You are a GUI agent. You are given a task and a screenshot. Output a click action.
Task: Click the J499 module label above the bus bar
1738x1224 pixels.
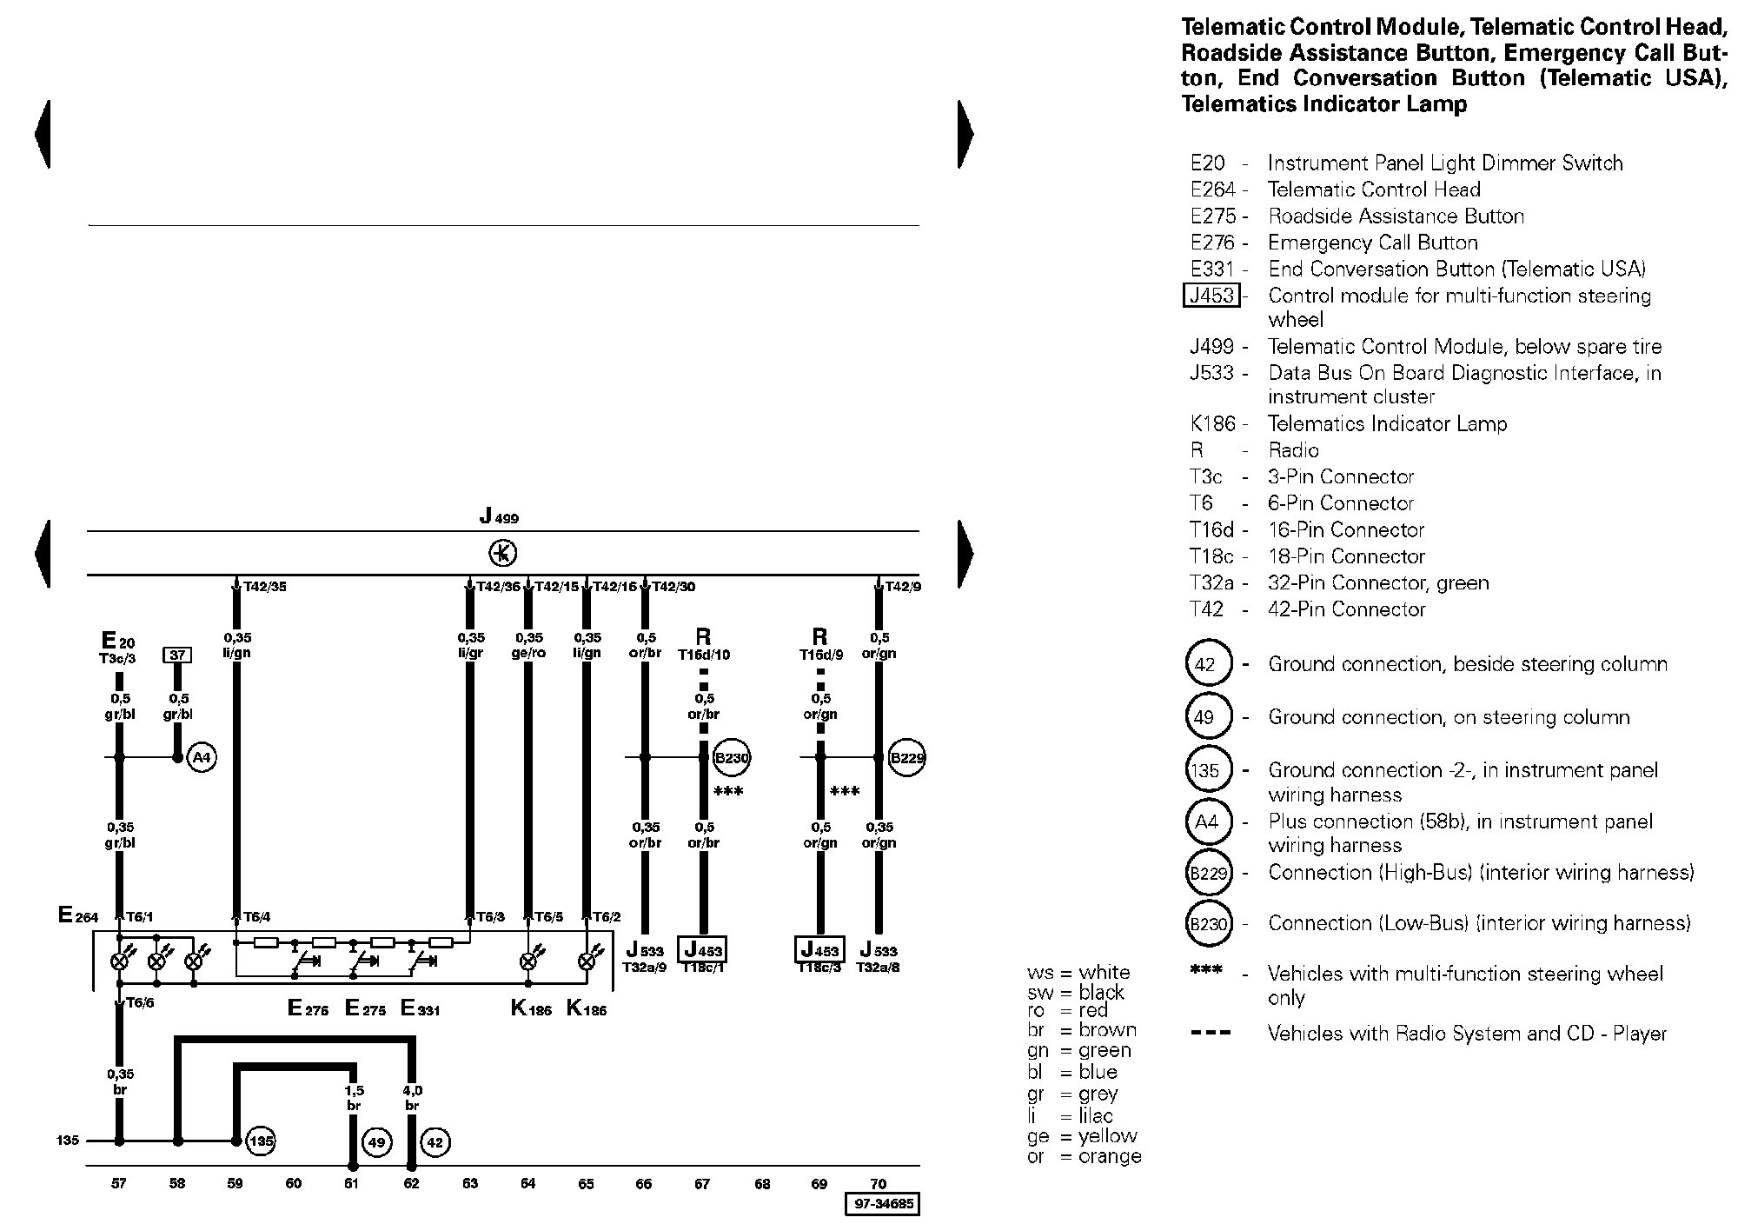500,516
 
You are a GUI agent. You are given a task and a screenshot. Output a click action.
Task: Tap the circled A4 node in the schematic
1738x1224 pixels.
202,757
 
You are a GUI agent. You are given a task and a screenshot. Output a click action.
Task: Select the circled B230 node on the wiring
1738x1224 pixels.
732,757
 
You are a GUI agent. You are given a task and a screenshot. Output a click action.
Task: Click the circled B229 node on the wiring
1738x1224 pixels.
907,757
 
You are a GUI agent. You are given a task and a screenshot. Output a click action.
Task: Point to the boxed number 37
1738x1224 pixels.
177,655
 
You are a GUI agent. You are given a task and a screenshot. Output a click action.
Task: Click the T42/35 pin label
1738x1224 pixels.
265,587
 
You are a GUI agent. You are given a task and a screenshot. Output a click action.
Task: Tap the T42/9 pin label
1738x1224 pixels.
903,587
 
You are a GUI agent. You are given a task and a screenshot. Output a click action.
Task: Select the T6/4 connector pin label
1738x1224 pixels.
256,916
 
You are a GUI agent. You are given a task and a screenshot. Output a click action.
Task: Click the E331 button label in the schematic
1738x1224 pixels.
421,1008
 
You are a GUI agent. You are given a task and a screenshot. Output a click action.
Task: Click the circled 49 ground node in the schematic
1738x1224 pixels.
376,1142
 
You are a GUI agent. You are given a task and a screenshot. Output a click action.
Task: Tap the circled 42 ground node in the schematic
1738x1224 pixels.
435,1142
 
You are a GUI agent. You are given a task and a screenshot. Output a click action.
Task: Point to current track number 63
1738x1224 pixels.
470,1183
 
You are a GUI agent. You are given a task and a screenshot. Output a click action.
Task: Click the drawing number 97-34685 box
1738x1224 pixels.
882,1205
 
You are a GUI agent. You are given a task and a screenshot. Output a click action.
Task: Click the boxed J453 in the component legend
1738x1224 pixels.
1211,296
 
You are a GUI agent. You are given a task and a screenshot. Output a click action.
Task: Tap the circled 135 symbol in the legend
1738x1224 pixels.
1208,770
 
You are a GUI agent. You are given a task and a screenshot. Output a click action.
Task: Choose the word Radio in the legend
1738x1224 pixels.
1293,450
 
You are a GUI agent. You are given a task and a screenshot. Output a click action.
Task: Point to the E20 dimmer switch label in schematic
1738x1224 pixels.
118,641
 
